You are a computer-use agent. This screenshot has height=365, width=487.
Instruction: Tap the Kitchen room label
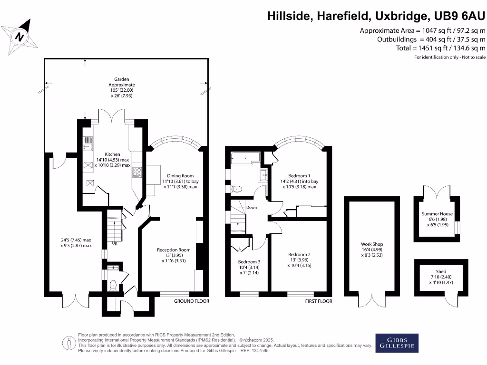(113, 154)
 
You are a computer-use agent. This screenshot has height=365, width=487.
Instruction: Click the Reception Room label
(174, 250)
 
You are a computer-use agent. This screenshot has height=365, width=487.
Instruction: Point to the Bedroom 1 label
(299, 175)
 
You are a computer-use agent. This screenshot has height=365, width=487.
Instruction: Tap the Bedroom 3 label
(249, 262)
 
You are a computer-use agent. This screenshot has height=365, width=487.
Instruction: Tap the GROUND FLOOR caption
(191, 301)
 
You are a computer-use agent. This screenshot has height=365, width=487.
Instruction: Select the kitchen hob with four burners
(136, 173)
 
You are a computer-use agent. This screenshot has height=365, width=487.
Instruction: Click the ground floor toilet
(113, 285)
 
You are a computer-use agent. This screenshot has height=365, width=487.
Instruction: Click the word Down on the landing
(252, 208)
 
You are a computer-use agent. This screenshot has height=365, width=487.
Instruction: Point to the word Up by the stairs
(115, 244)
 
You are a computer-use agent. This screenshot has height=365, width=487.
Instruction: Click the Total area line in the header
(440, 48)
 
